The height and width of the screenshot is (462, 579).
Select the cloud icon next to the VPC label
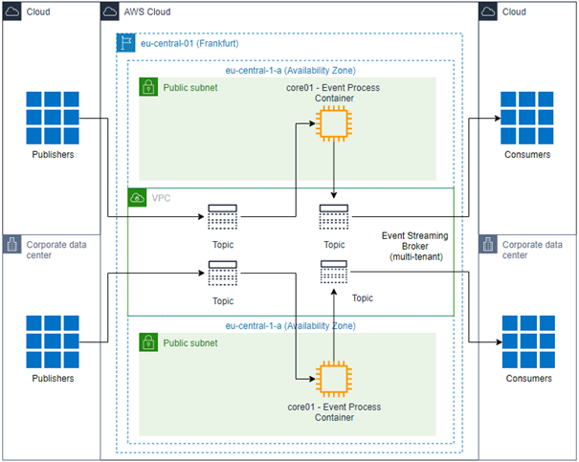138,197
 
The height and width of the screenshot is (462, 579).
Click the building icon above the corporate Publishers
11,245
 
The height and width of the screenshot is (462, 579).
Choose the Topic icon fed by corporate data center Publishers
221,275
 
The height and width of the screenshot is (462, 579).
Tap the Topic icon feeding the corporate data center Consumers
333,274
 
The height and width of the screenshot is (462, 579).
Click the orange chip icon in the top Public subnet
332,122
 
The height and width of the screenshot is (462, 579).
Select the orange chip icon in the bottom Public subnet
332,379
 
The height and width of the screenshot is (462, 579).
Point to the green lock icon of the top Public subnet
148,87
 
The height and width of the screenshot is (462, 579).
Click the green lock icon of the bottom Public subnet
148,341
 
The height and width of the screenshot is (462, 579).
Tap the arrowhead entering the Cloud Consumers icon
496,119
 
